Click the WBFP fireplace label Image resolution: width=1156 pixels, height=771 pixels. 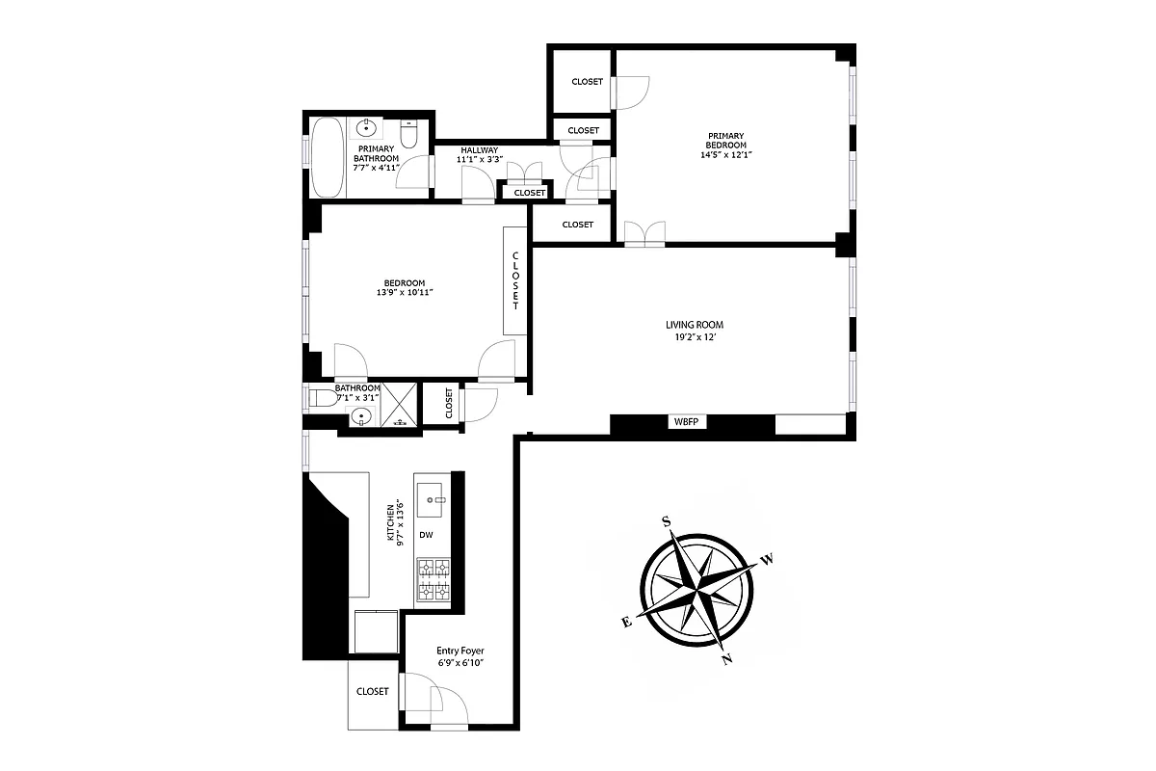click(x=683, y=422)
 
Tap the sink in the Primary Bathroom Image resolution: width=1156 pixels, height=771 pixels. click(x=366, y=128)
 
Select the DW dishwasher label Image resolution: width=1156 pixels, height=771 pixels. click(x=426, y=535)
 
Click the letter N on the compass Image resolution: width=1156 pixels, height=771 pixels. click(x=727, y=659)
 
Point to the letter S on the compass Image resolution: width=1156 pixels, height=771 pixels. click(x=665, y=521)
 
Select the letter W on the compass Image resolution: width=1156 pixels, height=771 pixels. click(x=768, y=558)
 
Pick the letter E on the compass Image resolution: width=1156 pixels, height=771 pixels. click(x=626, y=623)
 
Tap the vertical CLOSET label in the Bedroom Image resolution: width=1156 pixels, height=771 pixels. click(x=515, y=280)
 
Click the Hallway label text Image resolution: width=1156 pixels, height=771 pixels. click(x=479, y=150)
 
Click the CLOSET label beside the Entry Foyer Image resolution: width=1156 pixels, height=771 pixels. click(x=372, y=691)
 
